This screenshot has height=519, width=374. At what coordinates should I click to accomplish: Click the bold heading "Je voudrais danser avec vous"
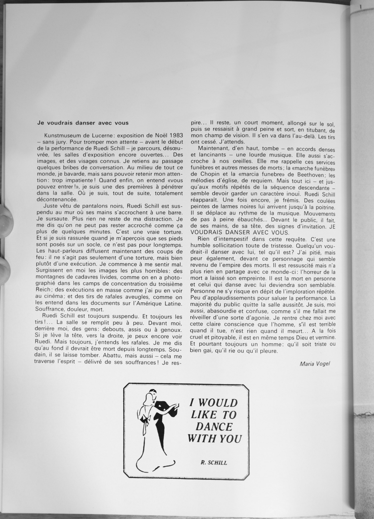click(83, 123)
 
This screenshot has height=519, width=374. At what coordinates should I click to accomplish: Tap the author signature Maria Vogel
click(315, 364)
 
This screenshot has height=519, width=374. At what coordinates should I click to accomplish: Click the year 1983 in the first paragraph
click(174, 135)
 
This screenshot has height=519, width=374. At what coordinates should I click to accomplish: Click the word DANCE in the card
click(214, 426)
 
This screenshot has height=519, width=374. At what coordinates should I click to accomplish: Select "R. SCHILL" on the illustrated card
click(214, 462)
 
